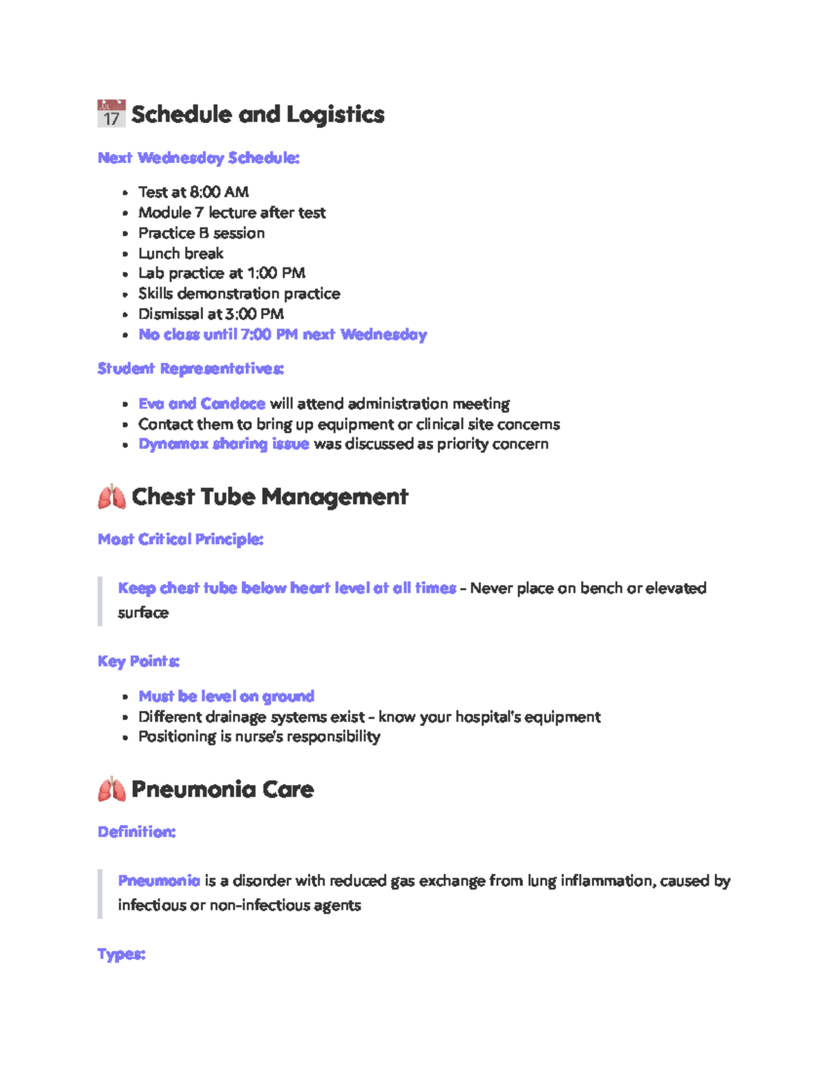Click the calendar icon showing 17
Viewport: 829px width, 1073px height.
coord(111,114)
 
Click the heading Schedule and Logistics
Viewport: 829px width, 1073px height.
coord(258,115)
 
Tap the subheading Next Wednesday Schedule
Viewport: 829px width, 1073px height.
coord(198,158)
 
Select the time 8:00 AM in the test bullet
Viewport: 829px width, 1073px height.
coord(219,192)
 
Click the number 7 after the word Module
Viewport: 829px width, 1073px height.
coord(199,213)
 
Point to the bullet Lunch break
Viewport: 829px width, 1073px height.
coord(181,254)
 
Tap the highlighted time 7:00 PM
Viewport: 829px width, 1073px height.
coord(269,335)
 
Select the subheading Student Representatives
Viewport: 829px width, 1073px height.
coord(191,369)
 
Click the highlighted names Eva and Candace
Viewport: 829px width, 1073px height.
coord(202,403)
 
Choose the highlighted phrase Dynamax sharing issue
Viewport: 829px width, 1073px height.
coord(224,444)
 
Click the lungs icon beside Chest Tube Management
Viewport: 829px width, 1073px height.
coord(111,497)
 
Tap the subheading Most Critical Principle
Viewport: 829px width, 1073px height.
coord(180,540)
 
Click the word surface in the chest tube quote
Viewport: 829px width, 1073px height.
coord(143,613)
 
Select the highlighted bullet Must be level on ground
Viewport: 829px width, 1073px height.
coord(227,696)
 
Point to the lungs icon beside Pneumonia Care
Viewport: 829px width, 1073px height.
coord(111,790)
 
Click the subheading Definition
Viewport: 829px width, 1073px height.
coord(137,832)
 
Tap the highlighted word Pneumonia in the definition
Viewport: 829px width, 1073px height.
coord(159,881)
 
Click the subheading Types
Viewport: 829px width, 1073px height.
coord(122,954)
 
